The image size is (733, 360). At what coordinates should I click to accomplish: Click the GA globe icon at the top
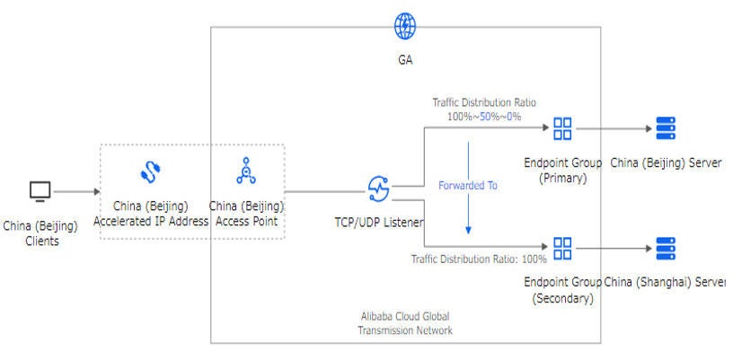(x=405, y=25)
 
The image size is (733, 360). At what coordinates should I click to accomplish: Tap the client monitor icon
(x=40, y=191)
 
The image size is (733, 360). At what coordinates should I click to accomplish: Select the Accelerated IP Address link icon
(x=150, y=171)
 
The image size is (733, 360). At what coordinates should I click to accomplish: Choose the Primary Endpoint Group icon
(x=562, y=128)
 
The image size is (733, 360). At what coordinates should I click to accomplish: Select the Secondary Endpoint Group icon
(x=562, y=248)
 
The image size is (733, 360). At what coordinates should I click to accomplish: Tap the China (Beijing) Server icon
(x=666, y=128)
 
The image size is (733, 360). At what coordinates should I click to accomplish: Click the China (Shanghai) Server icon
(x=666, y=248)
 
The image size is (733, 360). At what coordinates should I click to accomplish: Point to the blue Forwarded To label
(x=467, y=186)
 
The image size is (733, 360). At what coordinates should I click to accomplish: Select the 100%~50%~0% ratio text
(x=484, y=117)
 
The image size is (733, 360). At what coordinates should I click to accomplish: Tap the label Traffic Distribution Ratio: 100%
(x=479, y=259)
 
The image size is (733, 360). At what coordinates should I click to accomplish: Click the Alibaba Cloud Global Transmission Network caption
(x=404, y=324)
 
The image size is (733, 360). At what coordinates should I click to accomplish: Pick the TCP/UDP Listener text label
(x=378, y=220)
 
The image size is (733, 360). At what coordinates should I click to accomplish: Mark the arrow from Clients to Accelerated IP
(x=82, y=191)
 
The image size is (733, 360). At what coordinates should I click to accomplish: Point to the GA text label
(x=405, y=60)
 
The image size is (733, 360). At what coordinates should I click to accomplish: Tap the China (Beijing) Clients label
(x=40, y=233)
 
